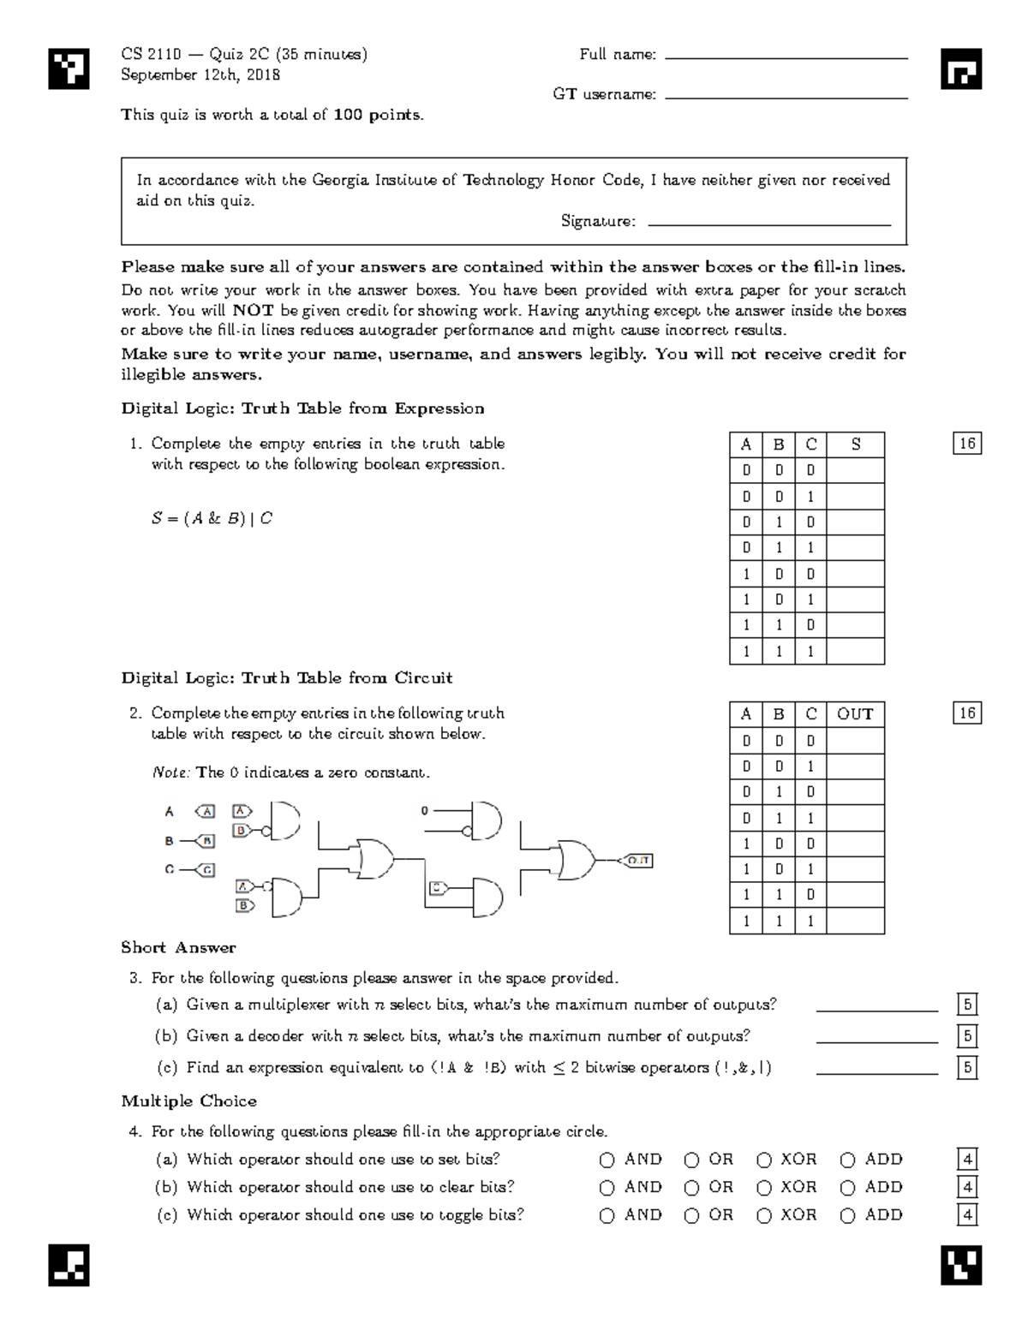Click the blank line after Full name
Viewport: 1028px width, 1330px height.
[x=786, y=57]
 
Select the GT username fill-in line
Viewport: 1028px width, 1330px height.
[x=786, y=98]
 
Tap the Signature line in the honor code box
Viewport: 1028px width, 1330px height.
[x=769, y=224]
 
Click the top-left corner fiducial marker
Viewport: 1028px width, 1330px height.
[x=69, y=69]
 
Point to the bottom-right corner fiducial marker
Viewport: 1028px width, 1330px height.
[x=960, y=1265]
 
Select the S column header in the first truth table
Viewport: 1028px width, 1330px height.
[x=855, y=444]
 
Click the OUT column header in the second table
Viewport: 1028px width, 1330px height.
[x=855, y=714]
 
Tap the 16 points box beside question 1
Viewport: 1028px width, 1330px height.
[x=967, y=444]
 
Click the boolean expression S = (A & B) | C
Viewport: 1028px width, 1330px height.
[x=212, y=518]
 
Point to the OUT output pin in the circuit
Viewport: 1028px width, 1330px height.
[x=638, y=860]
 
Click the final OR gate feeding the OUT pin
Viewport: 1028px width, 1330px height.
[x=575, y=859]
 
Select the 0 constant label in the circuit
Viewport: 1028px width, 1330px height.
[x=424, y=810]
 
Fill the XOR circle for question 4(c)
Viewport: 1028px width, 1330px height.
[x=764, y=1216]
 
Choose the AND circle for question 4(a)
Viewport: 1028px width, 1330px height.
[x=607, y=1160]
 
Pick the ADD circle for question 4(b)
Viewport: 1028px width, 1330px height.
[x=848, y=1188]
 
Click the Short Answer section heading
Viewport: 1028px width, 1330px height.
[x=178, y=947]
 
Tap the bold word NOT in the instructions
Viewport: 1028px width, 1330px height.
[x=253, y=311]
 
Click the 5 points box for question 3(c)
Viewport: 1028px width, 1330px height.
[x=967, y=1067]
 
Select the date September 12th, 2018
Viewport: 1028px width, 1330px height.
[x=200, y=75]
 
